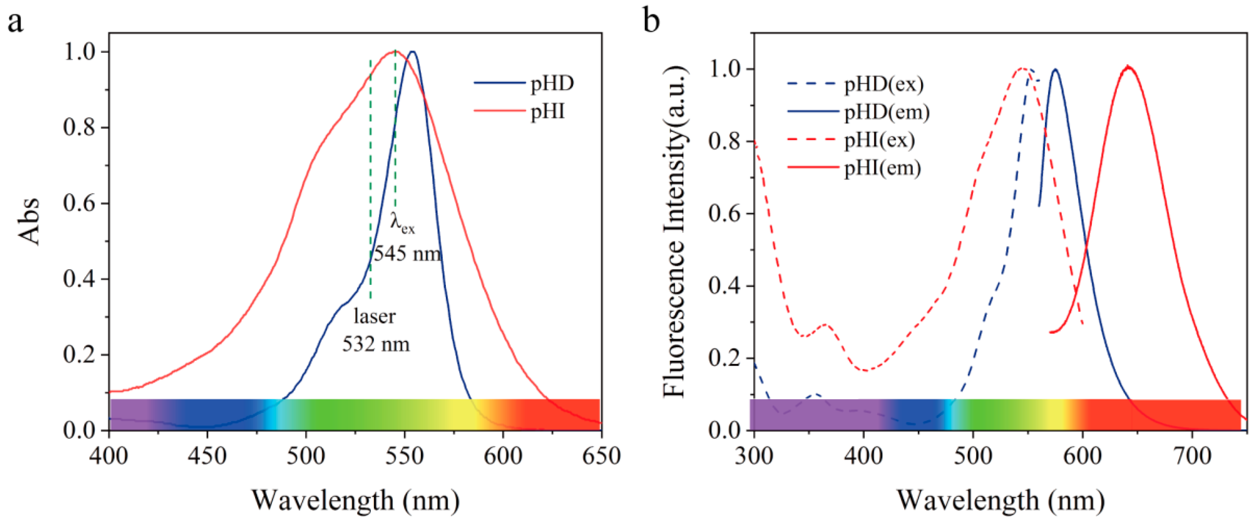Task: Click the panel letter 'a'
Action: tap(15, 22)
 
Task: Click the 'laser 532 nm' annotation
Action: tap(375, 330)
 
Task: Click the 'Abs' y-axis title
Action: tap(29, 221)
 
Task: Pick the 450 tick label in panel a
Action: tap(207, 456)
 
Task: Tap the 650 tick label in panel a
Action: tap(601, 456)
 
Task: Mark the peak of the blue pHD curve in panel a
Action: tap(413, 52)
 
